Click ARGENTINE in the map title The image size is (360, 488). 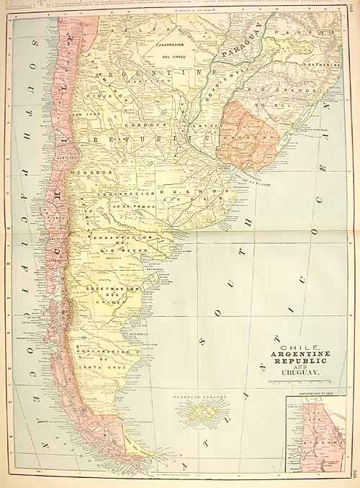point(301,353)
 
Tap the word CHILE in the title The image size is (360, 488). point(300,345)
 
